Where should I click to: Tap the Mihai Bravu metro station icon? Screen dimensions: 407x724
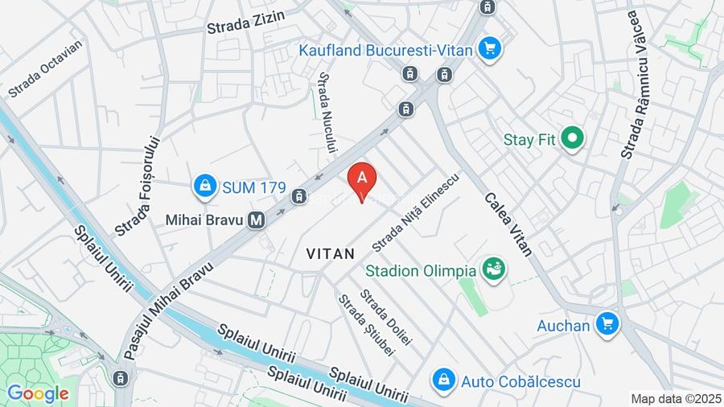(x=257, y=218)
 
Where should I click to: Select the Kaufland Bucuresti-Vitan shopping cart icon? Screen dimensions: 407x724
(x=489, y=49)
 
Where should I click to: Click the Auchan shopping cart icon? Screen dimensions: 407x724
(x=608, y=325)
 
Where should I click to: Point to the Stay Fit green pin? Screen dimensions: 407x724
(x=572, y=139)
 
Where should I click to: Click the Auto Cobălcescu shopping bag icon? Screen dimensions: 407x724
(x=442, y=380)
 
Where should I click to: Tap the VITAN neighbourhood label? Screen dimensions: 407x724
(x=331, y=253)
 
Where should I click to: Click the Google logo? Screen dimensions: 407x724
(x=38, y=393)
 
